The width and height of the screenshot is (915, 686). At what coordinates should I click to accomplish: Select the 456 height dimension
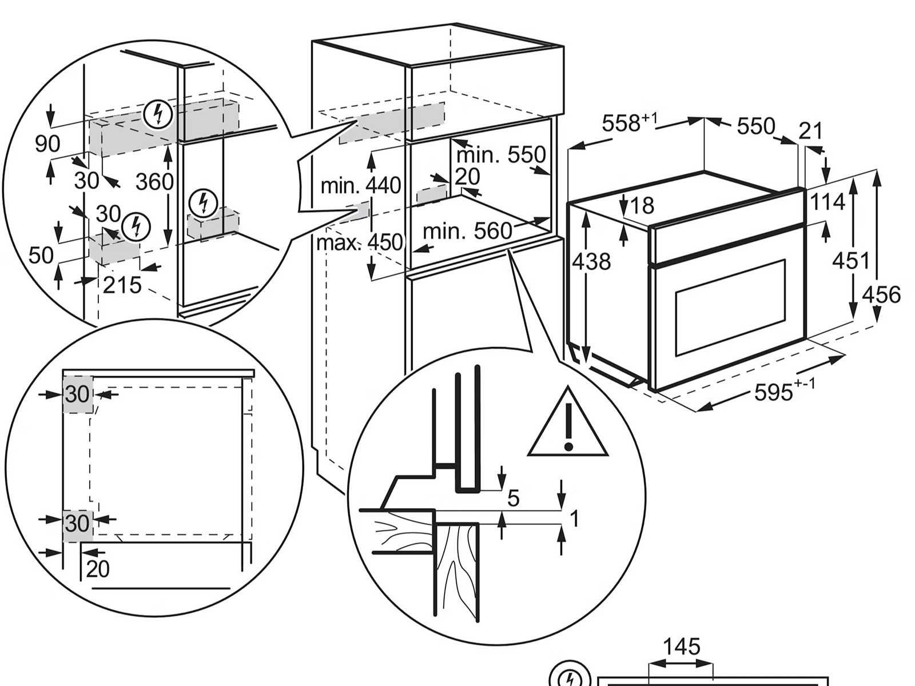[x=881, y=294]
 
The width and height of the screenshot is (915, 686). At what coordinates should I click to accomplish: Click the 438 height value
[x=591, y=261]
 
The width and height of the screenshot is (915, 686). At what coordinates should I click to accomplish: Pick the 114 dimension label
[x=826, y=201]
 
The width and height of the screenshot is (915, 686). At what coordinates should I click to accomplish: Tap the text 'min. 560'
[x=467, y=231]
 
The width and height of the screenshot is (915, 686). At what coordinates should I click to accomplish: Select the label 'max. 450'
[x=360, y=242]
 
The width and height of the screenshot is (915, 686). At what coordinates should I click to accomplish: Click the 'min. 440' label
[x=360, y=185]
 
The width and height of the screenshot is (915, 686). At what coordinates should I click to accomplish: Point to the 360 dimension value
[x=154, y=181]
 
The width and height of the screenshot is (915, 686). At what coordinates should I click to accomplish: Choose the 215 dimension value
[x=122, y=284]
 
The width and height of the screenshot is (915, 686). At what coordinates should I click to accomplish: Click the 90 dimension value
[x=47, y=143]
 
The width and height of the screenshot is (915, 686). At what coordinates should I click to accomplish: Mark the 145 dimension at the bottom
[x=681, y=647]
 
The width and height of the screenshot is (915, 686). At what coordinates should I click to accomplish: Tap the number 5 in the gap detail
[x=513, y=498]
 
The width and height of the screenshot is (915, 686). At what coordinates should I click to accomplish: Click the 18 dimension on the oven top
[x=643, y=205]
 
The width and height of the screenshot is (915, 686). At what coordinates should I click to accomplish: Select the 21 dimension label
[x=810, y=131]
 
